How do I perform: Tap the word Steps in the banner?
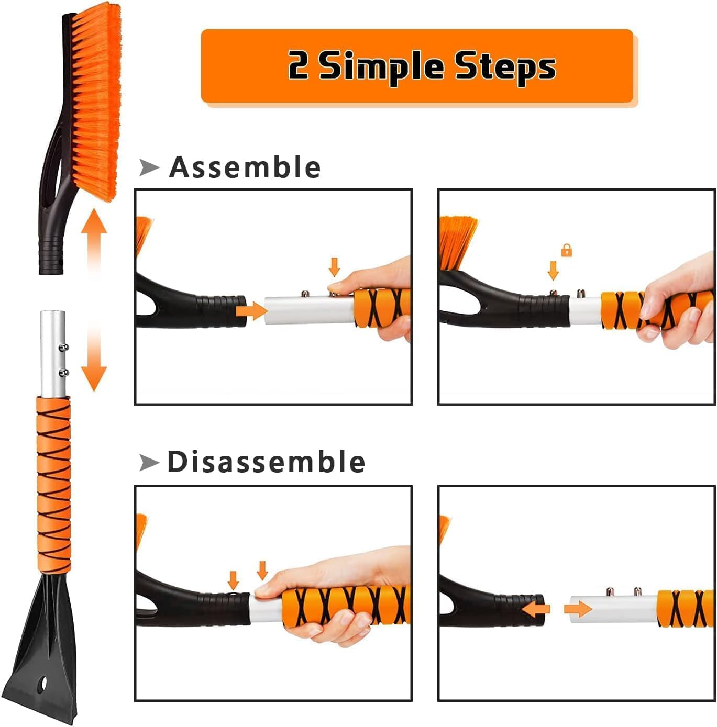click(504, 67)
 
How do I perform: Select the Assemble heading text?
click(245, 167)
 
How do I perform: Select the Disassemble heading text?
click(266, 462)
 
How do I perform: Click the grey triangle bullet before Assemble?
click(149, 167)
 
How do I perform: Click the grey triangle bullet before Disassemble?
click(149, 462)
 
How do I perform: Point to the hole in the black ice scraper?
click(42, 684)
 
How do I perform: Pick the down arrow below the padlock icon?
click(553, 271)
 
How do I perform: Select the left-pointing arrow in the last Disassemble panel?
click(536, 609)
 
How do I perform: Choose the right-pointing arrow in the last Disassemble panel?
click(578, 609)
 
